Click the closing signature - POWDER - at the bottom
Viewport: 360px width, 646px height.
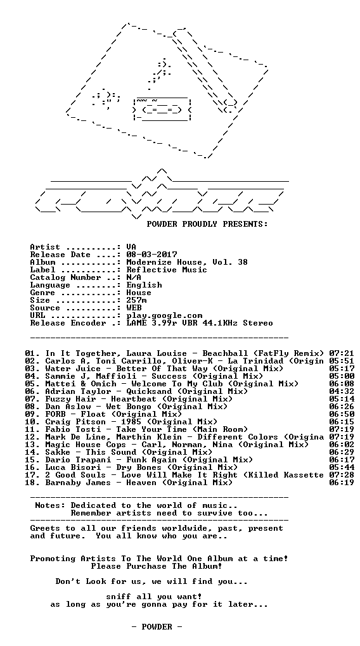(157, 627)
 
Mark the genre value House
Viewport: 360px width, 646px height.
(139, 293)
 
